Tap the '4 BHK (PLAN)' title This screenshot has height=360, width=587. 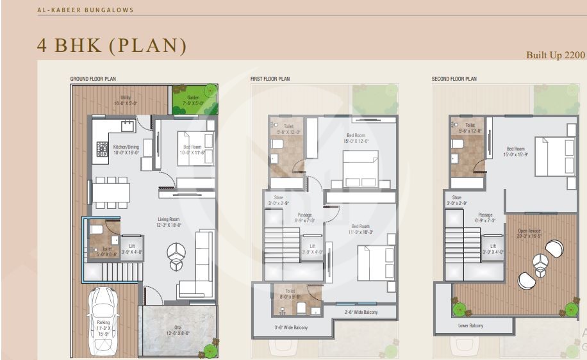click(x=113, y=46)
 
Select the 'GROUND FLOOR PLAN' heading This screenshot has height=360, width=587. click(x=93, y=79)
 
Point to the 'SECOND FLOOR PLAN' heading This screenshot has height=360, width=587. click(x=454, y=79)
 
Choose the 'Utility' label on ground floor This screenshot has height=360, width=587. click(x=126, y=100)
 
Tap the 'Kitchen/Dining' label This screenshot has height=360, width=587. click(x=126, y=149)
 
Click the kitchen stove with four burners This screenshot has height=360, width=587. click(x=103, y=149)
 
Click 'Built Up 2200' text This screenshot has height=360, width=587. click(x=556, y=55)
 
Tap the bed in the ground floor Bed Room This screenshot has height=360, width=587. click(x=195, y=149)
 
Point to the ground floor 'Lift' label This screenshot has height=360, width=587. click(x=132, y=249)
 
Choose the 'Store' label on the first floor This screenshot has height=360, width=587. click(x=277, y=200)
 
